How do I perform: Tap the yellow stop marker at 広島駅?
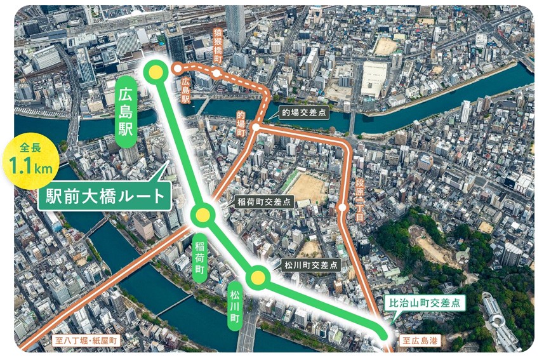coord(153,72)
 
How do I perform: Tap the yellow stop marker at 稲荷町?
coord(202,216)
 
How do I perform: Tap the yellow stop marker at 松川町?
coord(258,277)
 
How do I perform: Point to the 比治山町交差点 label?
coord(426,303)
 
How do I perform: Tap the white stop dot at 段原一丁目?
coord(343,207)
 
